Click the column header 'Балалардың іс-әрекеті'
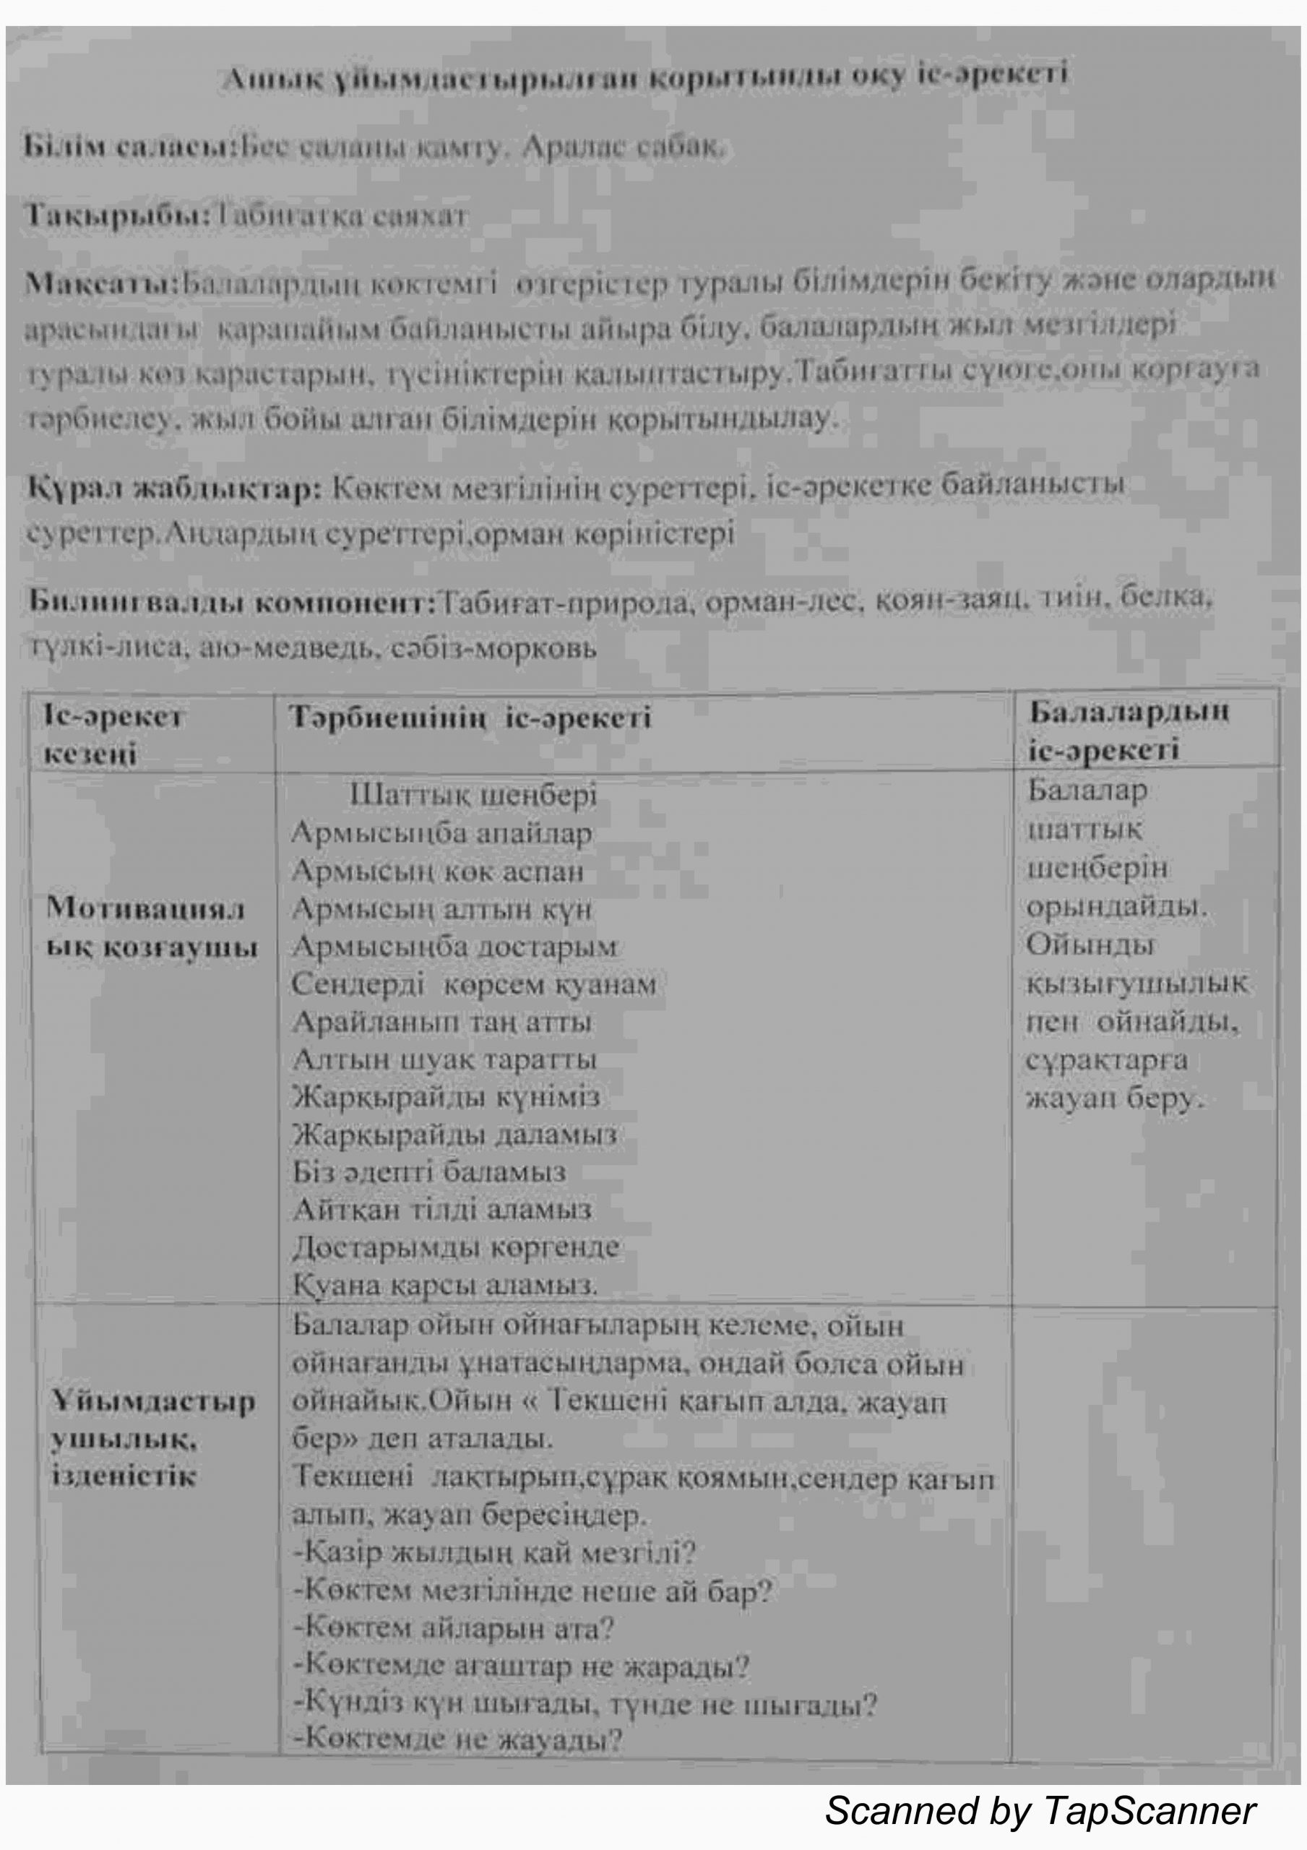tap(1128, 730)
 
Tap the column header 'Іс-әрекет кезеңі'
tap(113, 735)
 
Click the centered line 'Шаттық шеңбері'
tap(473, 795)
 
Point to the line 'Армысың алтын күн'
tap(441, 909)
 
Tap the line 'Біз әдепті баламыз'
tap(428, 1171)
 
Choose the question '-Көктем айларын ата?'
tap(454, 1628)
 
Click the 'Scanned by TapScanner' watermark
tap(1040, 1810)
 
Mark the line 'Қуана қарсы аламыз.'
tap(444, 1284)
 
